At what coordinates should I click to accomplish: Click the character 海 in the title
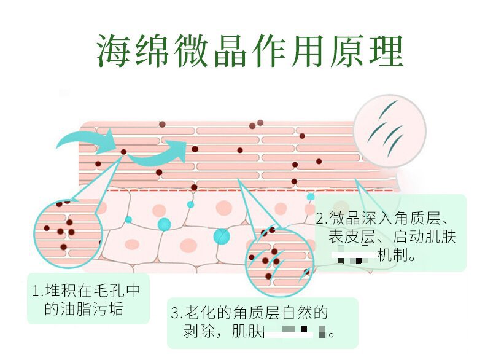(x=117, y=50)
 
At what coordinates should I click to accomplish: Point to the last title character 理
(x=381, y=50)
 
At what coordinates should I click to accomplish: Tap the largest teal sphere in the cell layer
(x=221, y=235)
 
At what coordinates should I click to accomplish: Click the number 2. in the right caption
(x=322, y=219)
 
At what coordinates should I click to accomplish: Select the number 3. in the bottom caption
(x=177, y=313)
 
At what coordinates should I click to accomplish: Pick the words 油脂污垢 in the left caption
(x=84, y=308)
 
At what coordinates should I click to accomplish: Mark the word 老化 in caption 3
(x=200, y=313)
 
